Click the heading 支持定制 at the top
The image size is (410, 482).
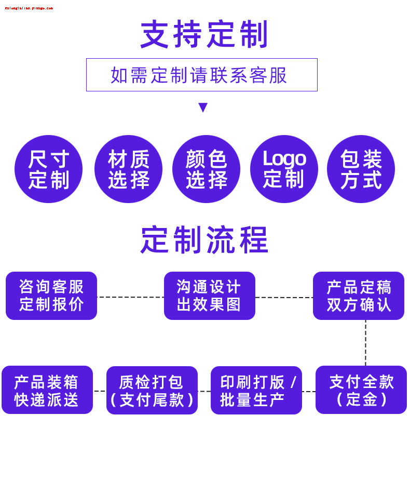coord(204,34)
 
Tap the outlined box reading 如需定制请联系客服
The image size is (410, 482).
coord(201,75)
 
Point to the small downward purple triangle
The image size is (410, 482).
coord(203,108)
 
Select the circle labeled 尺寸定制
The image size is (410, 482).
coord(48,169)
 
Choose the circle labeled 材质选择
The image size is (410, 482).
coord(128,169)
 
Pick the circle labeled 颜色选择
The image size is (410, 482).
coord(206,169)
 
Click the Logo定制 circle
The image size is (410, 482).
coord(284,169)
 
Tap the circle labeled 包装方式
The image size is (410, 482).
coord(361,169)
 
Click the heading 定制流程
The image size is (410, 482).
coord(204,239)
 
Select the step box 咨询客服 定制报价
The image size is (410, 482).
coord(51,296)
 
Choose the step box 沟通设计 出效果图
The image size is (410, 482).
coord(209,296)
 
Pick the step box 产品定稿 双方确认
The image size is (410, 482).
coord(358,296)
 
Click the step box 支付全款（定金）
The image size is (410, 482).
coord(361,390)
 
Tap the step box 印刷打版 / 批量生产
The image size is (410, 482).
coord(256,391)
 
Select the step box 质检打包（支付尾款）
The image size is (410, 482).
coord(152,391)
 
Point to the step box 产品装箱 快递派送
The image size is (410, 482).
coord(47,390)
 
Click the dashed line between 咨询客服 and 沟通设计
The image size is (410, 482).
coord(130,297)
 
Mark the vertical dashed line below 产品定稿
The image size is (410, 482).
coord(365,343)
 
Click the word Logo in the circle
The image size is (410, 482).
coord(284,158)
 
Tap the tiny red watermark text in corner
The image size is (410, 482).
coord(29,8)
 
